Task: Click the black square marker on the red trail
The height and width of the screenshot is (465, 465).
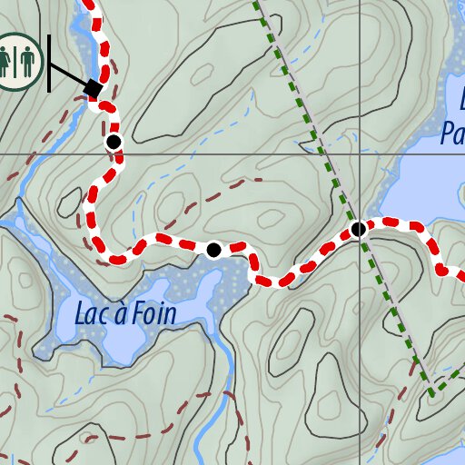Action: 93,88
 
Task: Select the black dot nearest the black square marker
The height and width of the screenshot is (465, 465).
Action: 114,142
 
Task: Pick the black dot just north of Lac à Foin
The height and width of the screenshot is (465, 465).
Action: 213,250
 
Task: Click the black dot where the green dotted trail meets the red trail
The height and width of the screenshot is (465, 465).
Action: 359,229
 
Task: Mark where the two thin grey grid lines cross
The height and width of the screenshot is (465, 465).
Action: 360,153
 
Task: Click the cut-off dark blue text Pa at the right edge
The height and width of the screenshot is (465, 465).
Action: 451,134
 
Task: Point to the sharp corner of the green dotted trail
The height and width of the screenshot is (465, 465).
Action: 430,393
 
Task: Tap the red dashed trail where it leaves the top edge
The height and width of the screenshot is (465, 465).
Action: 92,5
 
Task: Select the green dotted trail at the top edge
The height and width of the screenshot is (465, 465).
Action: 258,5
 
